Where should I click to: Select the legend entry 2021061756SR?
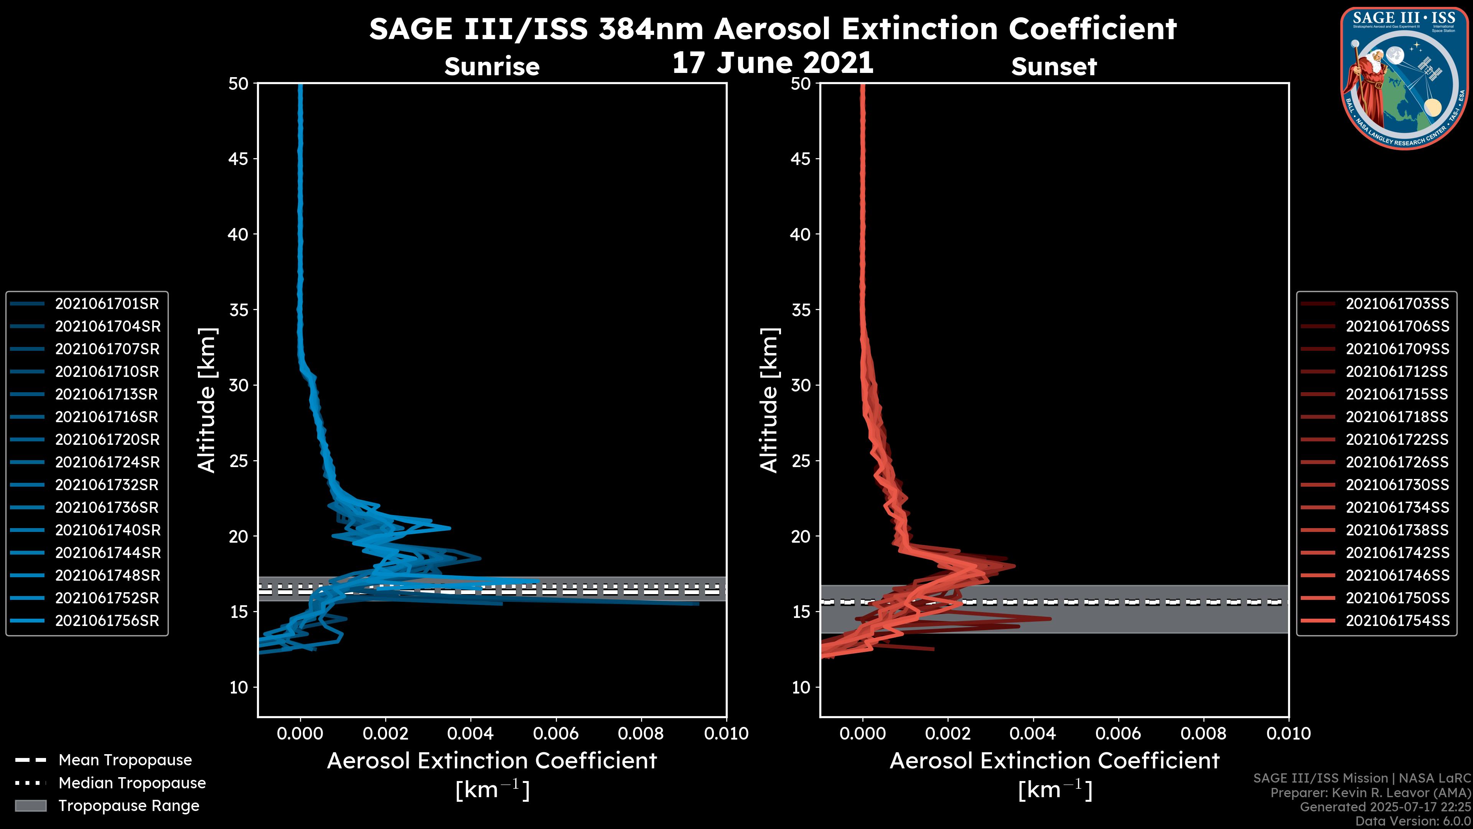point(106,621)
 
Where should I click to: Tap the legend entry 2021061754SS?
point(1397,621)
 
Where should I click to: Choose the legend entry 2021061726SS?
point(1397,462)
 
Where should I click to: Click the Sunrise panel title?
point(492,66)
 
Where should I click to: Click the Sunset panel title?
point(1054,66)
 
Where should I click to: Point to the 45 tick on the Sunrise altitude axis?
point(239,159)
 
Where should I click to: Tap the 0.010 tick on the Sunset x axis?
point(1288,733)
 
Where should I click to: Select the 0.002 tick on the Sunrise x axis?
point(386,733)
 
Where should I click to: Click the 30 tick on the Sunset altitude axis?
point(801,385)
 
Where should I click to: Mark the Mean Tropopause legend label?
point(125,760)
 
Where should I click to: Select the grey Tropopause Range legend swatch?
point(30,806)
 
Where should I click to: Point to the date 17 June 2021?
point(773,63)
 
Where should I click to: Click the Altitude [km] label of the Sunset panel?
point(769,400)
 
